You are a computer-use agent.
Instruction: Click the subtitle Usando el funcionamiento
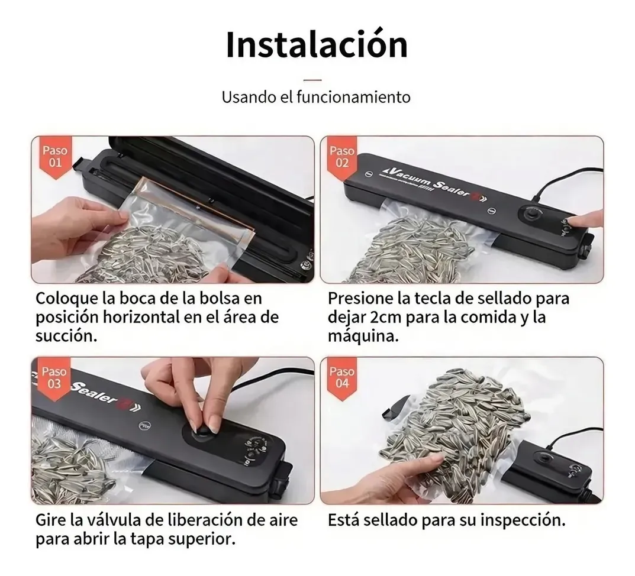coord(316,97)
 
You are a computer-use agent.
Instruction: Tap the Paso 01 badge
coord(55,157)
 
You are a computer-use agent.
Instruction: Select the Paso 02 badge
coord(342,157)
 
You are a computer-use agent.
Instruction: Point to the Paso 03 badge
coord(54,378)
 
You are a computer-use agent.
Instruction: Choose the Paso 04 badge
coord(342,378)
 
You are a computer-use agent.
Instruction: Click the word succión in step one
coord(66,336)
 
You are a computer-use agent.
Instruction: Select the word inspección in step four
coord(523,521)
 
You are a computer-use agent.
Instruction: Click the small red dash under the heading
coord(312,80)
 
